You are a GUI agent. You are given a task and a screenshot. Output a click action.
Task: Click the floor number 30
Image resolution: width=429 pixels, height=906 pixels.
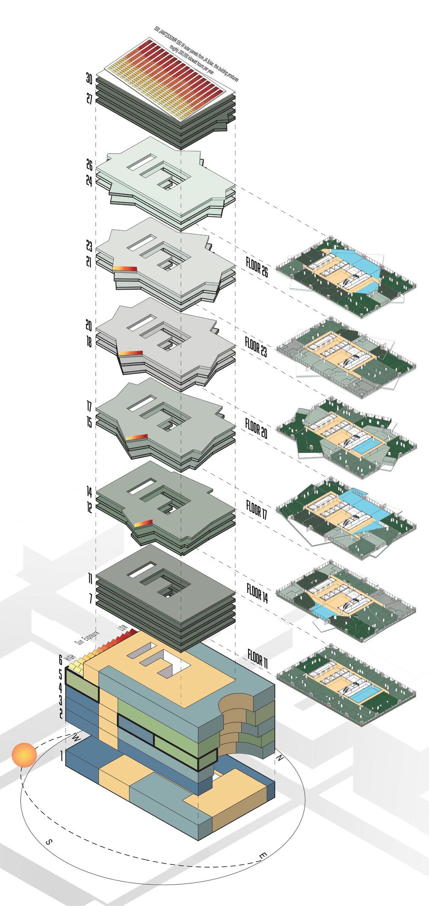point(89,79)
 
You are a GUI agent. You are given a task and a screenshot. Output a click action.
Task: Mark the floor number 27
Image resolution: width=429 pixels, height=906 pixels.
point(89,99)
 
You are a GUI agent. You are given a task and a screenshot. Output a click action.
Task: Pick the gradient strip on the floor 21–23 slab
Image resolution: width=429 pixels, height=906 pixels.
point(125,268)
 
